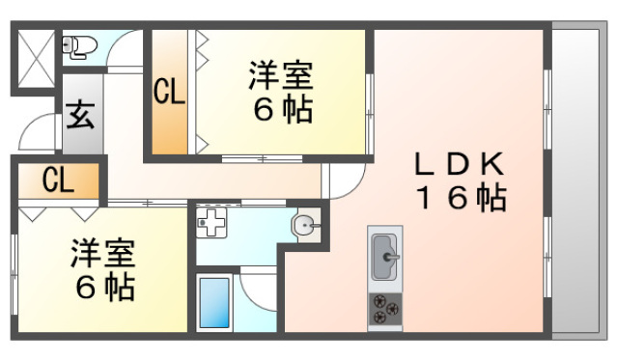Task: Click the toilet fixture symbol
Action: coord(79,47)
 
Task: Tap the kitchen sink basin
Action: coord(385,257)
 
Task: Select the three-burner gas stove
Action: coord(385,309)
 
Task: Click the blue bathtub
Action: coord(214,302)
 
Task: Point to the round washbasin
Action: coord(306,225)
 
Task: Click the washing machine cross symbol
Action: coord(211,223)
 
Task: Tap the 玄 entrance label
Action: coord(81,116)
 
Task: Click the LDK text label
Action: coord(459,164)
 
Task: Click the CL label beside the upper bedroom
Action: coord(169,92)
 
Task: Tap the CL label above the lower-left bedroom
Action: coord(58,180)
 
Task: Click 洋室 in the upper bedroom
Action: coord(281,75)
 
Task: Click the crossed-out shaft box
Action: coord(36,59)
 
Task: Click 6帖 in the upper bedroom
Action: coord(283,109)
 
